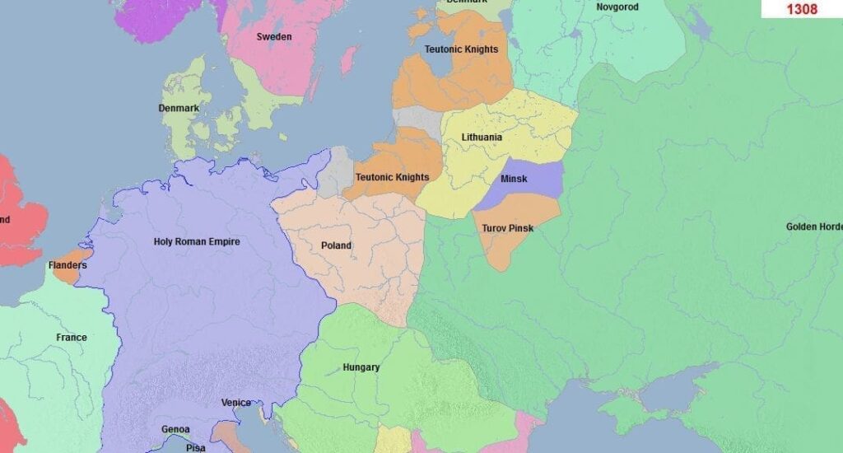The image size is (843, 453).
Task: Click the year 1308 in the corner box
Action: click(801, 9)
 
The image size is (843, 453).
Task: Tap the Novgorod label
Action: click(617, 7)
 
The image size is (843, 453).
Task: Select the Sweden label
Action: click(273, 37)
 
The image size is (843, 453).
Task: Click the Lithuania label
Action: click(482, 138)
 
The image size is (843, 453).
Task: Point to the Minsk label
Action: click(514, 179)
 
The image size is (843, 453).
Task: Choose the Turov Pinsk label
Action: click(507, 228)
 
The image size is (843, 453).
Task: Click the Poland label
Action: click(336, 245)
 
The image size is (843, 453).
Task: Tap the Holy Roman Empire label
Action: click(197, 242)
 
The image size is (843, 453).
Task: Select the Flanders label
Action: click(68, 266)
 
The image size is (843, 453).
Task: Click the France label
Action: click(71, 338)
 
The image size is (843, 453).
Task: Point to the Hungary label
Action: click(361, 367)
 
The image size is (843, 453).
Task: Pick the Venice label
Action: click(236, 403)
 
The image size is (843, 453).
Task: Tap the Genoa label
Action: click(175, 429)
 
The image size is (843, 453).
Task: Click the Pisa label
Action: click(196, 447)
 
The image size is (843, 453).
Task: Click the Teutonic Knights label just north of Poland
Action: click(392, 177)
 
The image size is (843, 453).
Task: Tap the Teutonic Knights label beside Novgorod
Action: click(461, 49)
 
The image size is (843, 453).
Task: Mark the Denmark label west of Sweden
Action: click(179, 109)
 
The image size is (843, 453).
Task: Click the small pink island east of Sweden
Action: click(349, 59)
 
